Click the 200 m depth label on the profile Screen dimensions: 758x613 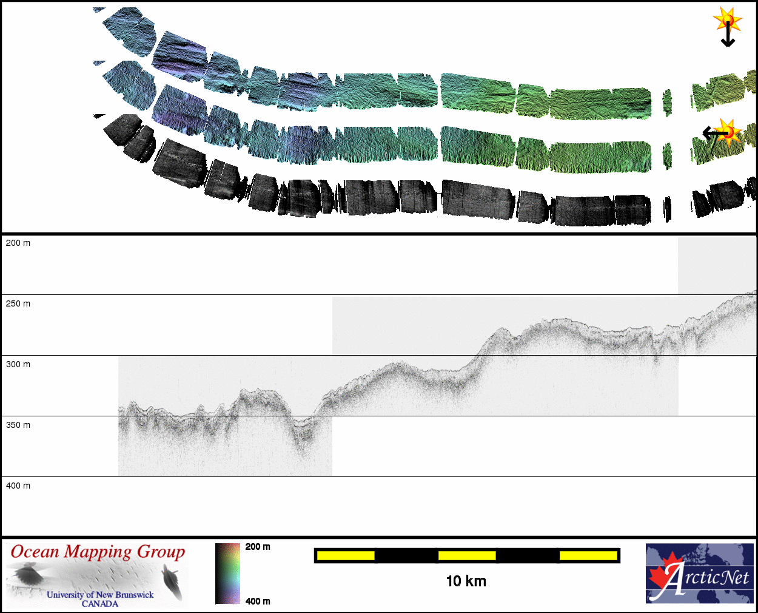(18, 243)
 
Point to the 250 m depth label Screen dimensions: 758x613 (18, 304)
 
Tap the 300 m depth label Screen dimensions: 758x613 (18, 364)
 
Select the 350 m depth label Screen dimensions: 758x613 (18, 425)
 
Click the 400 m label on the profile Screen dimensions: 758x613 (18, 486)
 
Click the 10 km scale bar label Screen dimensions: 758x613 (466, 581)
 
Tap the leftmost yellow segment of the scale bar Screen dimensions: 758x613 (346, 556)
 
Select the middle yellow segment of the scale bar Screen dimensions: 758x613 (467, 556)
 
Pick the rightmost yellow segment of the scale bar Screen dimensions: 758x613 (589, 556)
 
